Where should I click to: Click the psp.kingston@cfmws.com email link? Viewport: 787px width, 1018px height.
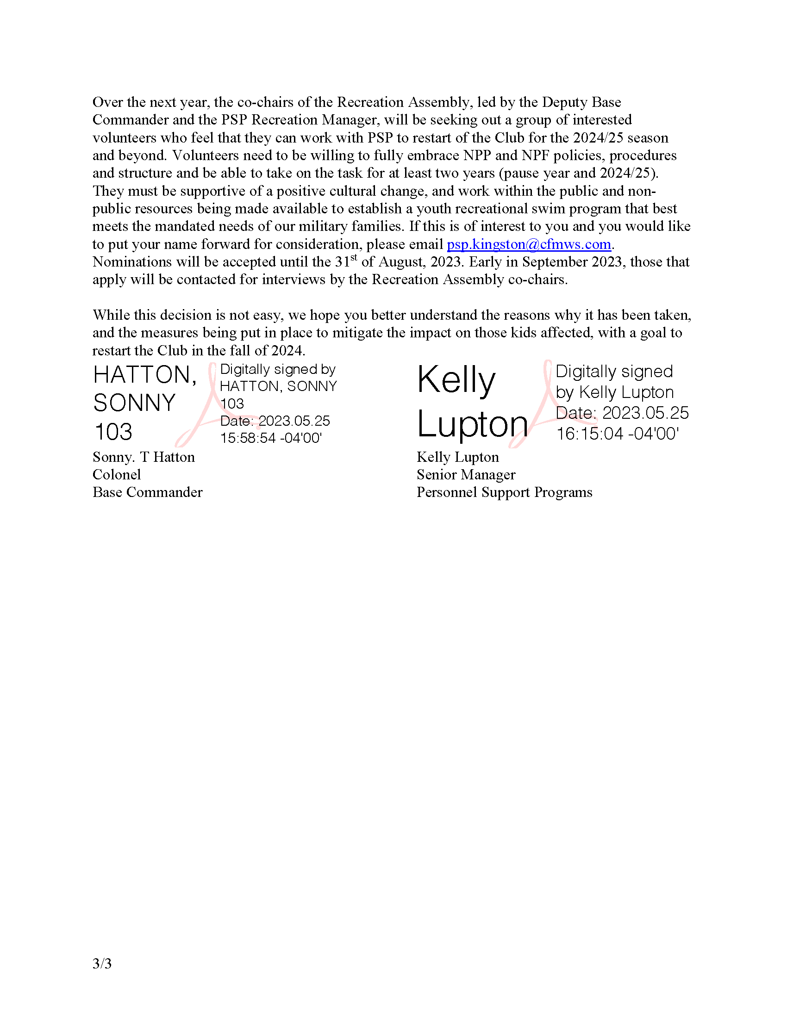529,244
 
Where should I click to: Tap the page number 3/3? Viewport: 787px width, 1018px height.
102,963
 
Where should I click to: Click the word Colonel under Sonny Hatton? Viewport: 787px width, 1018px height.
117,474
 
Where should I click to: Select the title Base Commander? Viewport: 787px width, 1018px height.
147,492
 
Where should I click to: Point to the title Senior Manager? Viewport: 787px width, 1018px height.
466,474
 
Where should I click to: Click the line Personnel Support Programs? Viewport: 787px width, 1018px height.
504,492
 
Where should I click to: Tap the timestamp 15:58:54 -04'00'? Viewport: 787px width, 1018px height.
271,438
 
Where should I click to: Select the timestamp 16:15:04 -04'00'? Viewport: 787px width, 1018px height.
617,434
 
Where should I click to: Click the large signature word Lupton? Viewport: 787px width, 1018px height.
472,424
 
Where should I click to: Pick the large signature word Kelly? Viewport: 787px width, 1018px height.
456,380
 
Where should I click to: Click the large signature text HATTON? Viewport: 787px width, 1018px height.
144,375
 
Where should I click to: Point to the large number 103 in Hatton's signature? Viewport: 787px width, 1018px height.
113,432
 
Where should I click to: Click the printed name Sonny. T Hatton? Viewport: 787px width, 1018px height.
144,457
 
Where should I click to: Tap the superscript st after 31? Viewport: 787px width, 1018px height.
354,257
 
